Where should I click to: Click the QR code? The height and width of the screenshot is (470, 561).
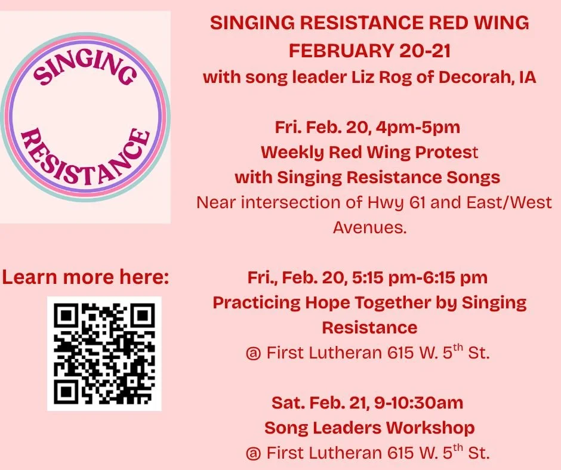104,353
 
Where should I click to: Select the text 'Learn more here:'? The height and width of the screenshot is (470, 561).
85,277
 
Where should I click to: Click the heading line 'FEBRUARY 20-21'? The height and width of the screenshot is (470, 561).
369,51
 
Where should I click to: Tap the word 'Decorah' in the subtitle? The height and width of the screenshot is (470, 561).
476,78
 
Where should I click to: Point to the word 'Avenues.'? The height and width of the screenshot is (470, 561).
369,227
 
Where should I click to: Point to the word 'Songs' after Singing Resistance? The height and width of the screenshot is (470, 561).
475,177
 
